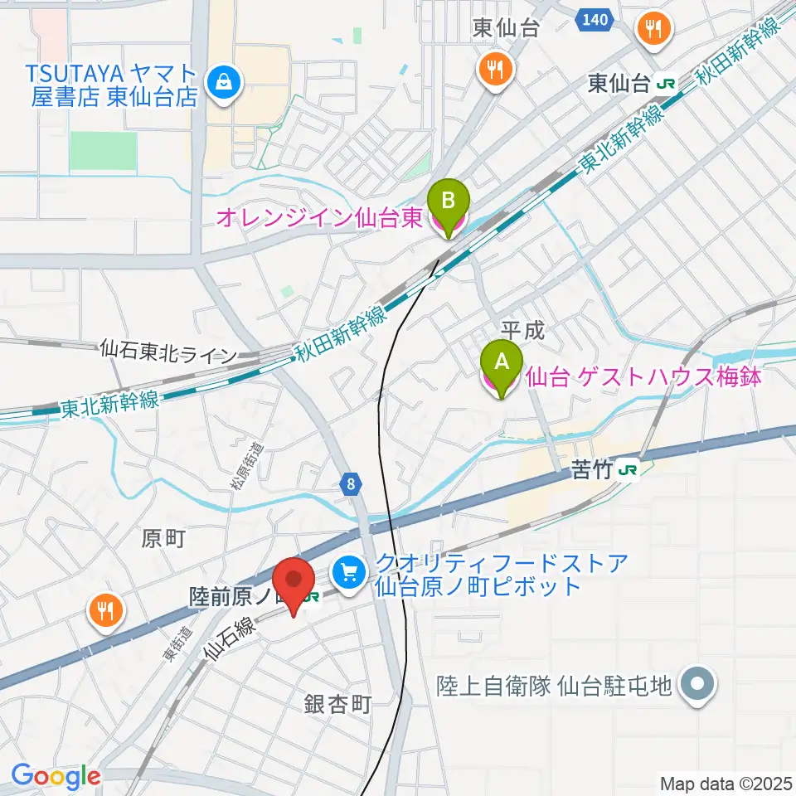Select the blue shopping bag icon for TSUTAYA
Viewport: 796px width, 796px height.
[x=224, y=81]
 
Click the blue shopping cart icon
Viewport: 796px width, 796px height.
[x=348, y=570]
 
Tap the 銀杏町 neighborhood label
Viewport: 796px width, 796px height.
[x=337, y=705]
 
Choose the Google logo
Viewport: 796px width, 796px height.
[x=56, y=777]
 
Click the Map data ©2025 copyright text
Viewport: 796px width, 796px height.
[x=726, y=783]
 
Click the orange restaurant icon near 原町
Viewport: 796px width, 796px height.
[x=104, y=612]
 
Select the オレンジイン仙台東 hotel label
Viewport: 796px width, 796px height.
[x=319, y=218]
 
